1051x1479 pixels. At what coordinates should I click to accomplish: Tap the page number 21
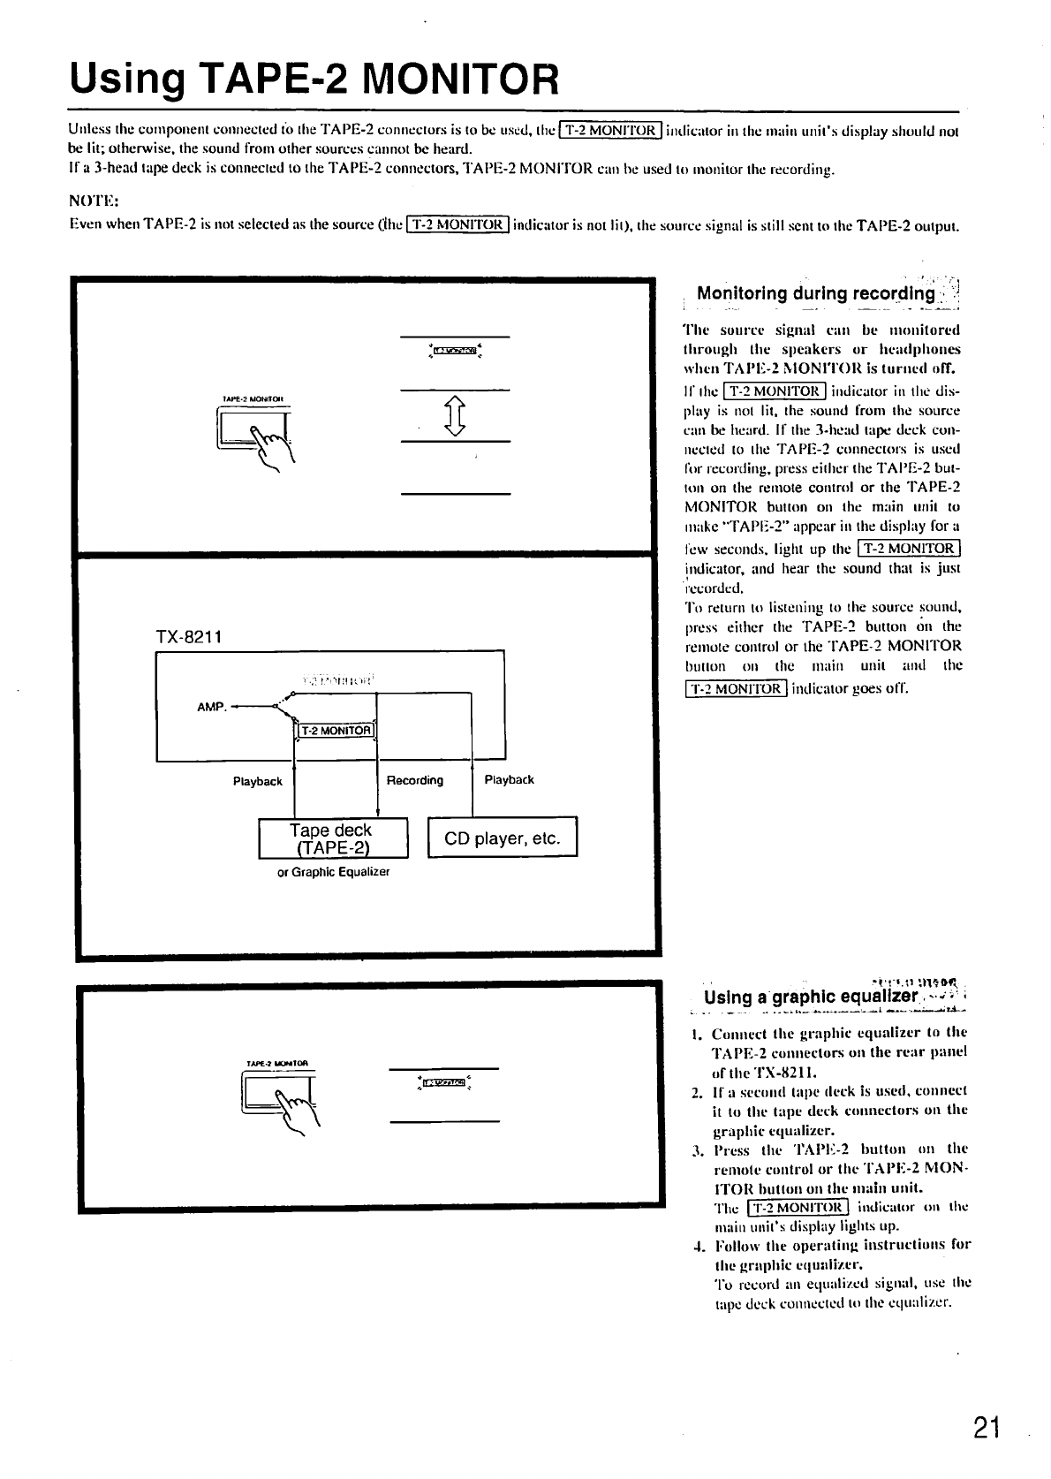point(985,1426)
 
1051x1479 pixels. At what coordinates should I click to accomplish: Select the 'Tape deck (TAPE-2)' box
point(331,838)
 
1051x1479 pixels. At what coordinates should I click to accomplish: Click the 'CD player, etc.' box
point(502,838)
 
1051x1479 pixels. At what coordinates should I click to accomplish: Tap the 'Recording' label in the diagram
point(415,780)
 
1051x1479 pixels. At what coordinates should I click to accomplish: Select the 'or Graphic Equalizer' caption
point(333,872)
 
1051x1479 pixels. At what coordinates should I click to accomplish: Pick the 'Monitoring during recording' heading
point(815,293)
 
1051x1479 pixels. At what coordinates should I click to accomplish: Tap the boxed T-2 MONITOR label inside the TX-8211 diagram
point(335,731)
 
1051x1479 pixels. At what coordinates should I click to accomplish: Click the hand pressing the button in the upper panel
point(275,443)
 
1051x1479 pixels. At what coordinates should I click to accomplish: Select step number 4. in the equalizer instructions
point(697,1245)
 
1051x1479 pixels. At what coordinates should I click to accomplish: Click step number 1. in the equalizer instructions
point(697,1033)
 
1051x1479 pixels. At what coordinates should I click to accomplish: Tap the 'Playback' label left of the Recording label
point(257,781)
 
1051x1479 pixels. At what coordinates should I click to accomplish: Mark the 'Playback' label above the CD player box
point(509,780)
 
